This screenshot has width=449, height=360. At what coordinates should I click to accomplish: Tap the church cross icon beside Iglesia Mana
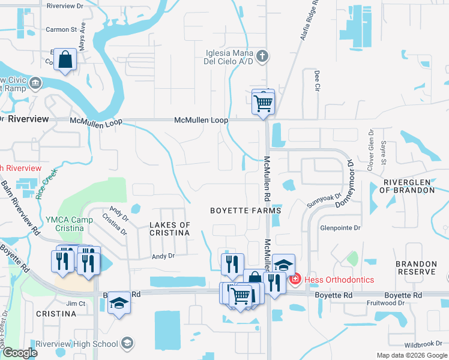point(262,57)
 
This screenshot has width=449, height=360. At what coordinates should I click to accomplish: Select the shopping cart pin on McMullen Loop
point(263,101)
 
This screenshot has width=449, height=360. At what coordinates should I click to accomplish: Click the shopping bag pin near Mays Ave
point(65,60)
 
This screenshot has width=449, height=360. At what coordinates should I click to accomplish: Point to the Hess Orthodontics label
point(339,280)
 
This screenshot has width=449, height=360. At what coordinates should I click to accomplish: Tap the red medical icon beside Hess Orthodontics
point(294,280)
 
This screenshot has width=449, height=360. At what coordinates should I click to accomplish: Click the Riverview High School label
point(86,344)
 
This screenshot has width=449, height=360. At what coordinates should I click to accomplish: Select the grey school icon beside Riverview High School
point(127,344)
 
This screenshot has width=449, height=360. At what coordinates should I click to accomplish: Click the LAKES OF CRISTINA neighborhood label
point(169,229)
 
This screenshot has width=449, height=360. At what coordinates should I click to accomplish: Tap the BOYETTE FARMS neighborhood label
point(246,211)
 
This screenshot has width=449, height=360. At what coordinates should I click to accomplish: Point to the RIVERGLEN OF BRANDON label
point(409,186)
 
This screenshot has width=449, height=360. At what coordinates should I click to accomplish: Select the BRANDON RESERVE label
point(416,268)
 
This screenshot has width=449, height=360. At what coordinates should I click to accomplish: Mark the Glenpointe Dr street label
point(340,228)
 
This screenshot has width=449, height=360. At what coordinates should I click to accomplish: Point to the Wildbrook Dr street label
point(423,345)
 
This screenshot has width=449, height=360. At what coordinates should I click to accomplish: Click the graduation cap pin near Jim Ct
point(119,305)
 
